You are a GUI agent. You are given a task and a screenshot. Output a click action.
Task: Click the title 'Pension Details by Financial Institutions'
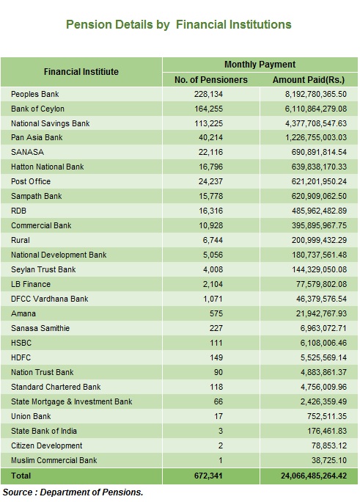pos(178,25)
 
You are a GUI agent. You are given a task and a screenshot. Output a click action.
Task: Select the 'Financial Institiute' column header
pos(81,72)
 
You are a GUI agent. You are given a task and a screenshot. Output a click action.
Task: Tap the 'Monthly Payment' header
pos(260,65)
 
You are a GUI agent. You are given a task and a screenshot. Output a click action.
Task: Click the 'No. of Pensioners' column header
pos(211,80)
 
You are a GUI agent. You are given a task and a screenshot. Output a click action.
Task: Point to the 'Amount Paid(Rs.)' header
pos(309,80)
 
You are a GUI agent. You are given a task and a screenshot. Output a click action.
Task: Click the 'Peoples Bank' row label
pos(35,94)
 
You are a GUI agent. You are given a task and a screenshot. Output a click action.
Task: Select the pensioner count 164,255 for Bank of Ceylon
pos(208,109)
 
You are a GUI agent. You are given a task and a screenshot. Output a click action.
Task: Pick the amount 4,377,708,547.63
pos(316,123)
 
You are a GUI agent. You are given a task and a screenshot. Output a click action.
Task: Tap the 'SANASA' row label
pos(28,152)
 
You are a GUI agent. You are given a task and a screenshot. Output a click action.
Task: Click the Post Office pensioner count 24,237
pos(210,181)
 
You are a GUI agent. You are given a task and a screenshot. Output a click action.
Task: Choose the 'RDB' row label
pos(18,211)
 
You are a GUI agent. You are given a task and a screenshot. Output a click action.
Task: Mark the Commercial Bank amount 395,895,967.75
pos(319,226)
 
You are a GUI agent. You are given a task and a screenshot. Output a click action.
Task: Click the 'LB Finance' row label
pos(31,284)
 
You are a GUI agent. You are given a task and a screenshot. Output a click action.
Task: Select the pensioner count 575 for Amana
pos(216,314)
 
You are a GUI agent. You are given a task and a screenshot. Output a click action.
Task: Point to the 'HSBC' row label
pos(21,343)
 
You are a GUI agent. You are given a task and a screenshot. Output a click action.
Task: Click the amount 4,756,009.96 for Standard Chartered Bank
pos(323,387)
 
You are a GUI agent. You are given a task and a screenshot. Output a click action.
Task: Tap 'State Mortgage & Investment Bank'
pos(72,401)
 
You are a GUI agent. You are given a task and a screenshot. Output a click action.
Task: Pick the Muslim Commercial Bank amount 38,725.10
pos(329,460)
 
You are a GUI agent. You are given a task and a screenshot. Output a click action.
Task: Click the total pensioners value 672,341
pos(208,476)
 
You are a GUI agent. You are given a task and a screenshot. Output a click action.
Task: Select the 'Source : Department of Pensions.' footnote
pos(73,492)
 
